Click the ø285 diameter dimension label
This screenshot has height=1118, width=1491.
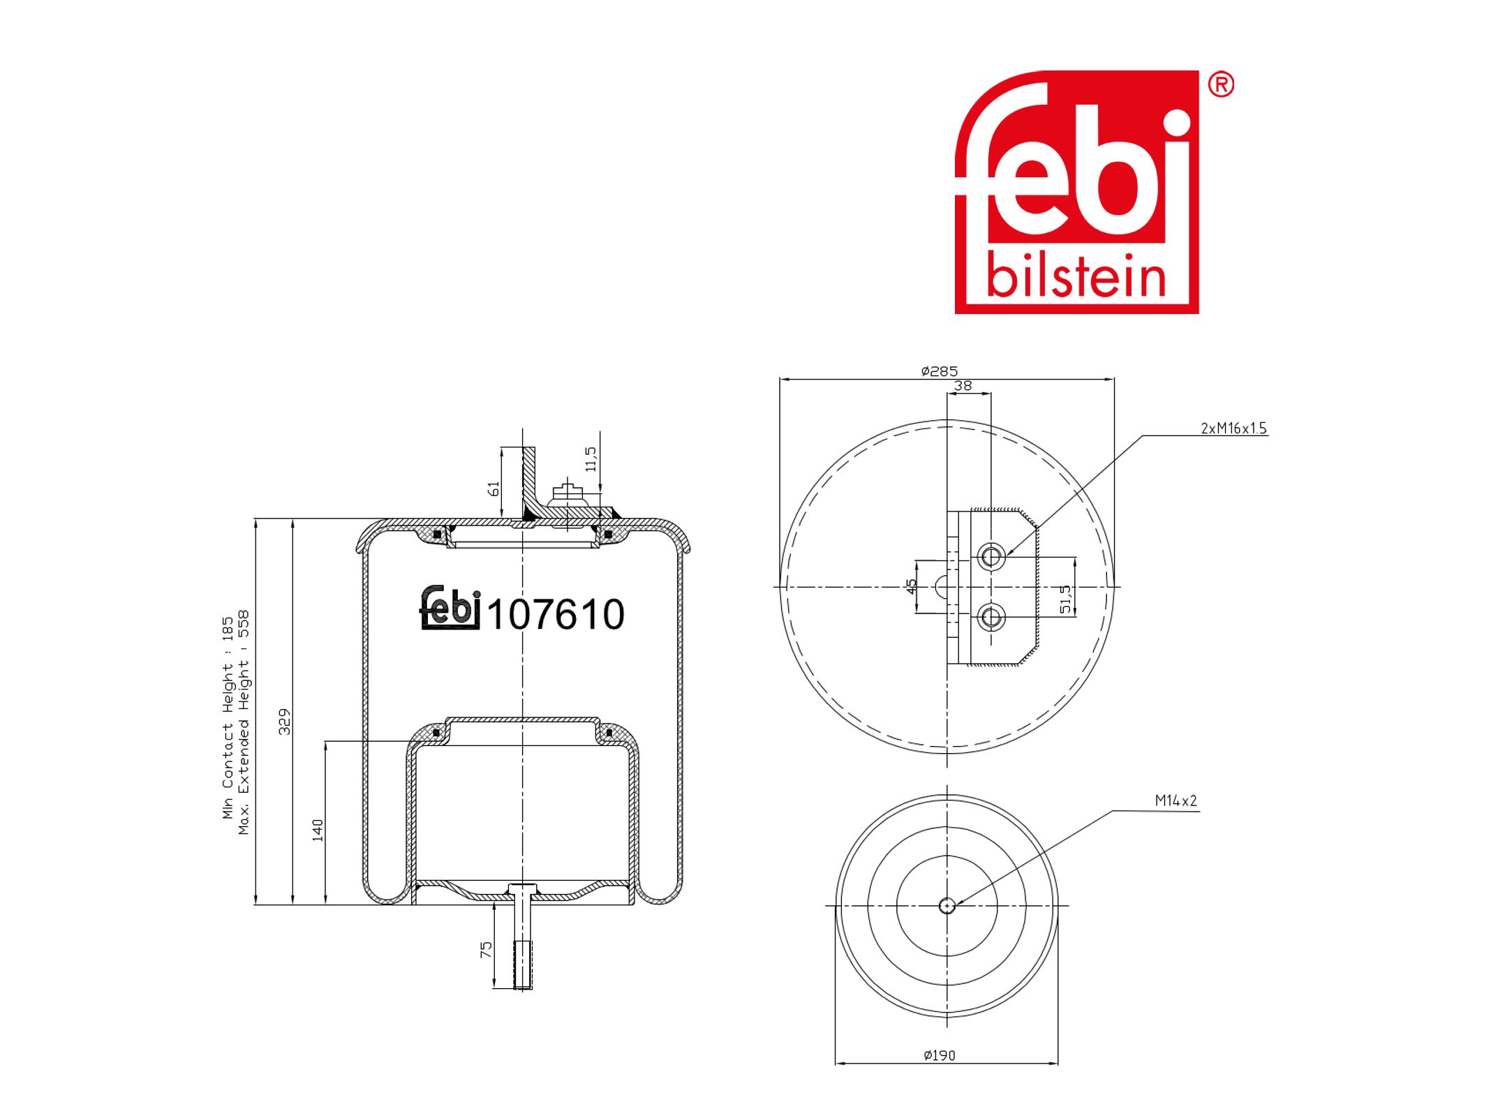[x=939, y=371]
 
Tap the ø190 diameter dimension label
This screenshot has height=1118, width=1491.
[x=939, y=1055]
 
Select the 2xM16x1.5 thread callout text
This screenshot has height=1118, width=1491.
[x=1233, y=428]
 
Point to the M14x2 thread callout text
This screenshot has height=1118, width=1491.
[x=1176, y=800]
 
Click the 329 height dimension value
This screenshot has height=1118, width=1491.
[x=285, y=721]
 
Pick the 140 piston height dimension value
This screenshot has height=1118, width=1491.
[x=318, y=830]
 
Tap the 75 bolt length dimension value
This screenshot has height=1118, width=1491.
[x=487, y=949]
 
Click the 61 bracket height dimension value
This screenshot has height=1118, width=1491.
[x=494, y=489]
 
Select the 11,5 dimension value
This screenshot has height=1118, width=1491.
[x=591, y=459]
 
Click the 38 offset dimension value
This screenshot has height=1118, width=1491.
[x=963, y=385]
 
